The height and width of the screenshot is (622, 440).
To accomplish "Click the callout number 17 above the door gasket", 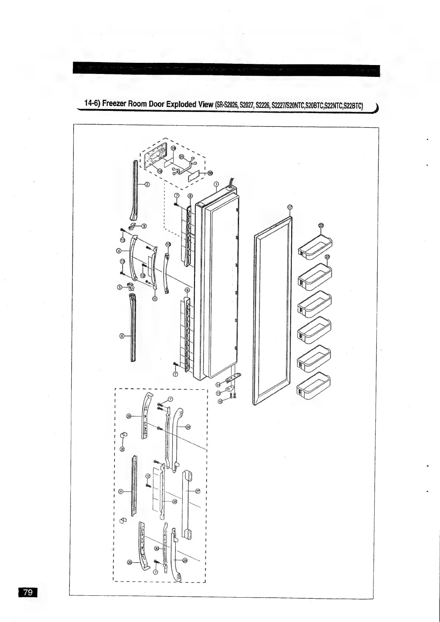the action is click(x=290, y=207).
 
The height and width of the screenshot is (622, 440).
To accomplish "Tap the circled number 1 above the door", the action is click(x=216, y=184).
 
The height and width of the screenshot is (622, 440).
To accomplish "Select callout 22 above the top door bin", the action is click(x=321, y=225).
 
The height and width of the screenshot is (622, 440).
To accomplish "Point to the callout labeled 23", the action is click(x=327, y=257).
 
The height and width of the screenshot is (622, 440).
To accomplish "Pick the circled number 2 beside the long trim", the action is click(x=147, y=184).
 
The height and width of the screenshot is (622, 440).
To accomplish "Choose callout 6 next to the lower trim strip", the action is click(x=121, y=336).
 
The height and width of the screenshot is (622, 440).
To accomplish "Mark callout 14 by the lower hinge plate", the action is click(x=218, y=385).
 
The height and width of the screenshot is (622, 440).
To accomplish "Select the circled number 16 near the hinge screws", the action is click(x=221, y=402).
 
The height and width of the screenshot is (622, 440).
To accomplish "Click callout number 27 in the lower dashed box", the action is click(x=197, y=491).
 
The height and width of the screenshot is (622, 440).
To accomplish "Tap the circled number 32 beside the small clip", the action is click(x=123, y=448).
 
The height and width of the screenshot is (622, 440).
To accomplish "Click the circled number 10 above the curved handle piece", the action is click(x=168, y=244).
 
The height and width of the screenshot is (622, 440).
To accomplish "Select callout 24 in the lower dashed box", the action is click(x=188, y=427).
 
